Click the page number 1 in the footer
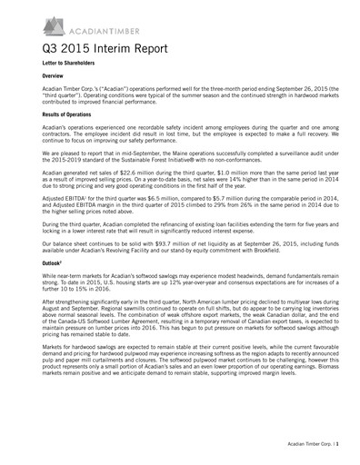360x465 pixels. [340, 452]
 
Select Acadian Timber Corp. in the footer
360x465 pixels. [303, 452]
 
